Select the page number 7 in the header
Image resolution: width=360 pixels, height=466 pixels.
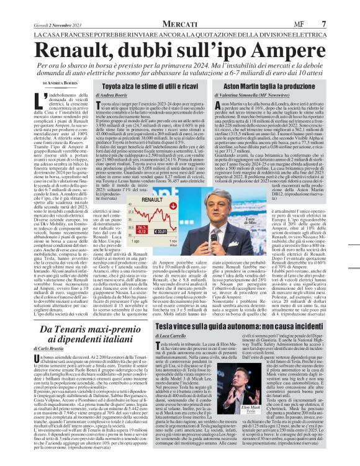341,7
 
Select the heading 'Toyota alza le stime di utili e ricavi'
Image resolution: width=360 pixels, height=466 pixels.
149,84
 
